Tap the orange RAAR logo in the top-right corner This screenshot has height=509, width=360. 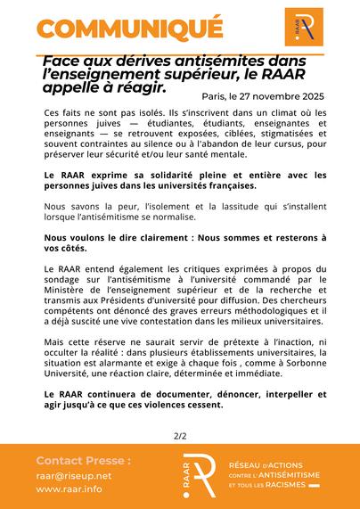click(305, 28)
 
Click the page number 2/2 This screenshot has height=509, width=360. click(180, 436)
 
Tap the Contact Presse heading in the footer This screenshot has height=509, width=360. click(84, 461)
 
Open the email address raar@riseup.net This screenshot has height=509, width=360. click(74, 476)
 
